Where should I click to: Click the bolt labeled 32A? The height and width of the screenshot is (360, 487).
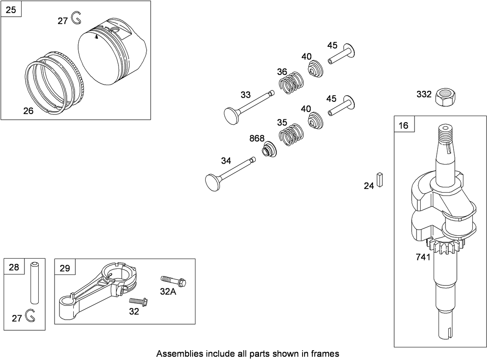174,281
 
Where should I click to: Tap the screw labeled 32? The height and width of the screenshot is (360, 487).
138,302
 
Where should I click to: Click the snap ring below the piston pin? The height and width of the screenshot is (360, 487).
29,316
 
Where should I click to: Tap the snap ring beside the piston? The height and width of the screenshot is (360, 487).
76,18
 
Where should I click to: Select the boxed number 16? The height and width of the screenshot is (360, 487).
404,125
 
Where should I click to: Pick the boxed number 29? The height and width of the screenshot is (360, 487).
65,268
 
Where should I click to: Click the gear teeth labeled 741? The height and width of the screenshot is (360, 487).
446,247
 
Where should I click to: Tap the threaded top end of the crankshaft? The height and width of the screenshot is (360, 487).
446,132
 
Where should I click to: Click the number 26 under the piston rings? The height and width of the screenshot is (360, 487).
28,111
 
